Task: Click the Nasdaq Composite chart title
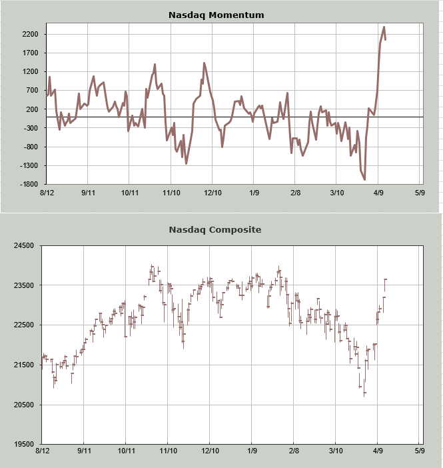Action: tap(215, 230)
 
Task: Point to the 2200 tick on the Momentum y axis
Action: tap(30, 34)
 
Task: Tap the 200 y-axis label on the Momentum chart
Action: tap(32, 109)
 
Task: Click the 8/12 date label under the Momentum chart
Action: tap(47, 193)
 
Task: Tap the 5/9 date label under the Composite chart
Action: tap(419, 451)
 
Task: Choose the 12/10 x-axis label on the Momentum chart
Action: tap(213, 193)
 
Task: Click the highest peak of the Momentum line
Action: tap(384, 27)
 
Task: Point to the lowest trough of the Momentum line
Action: tap(364, 179)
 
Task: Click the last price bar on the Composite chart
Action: tap(385, 285)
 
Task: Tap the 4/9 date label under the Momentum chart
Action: tap(378, 193)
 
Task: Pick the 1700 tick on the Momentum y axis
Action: tap(30, 53)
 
